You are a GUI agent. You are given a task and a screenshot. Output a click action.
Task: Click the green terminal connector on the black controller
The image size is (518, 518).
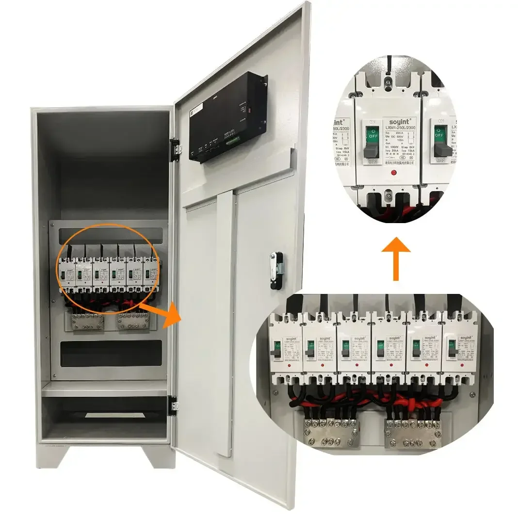234,141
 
